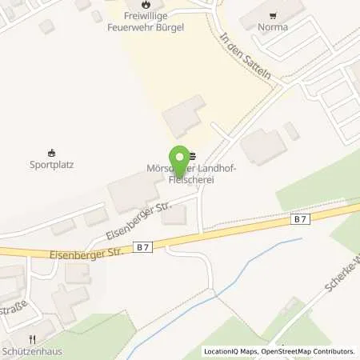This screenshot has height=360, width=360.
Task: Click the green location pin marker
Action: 180,161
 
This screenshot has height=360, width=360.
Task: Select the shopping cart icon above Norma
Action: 274,14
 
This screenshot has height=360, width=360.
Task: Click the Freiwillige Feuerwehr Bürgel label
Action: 146,20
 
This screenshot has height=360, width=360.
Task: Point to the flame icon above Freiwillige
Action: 146,4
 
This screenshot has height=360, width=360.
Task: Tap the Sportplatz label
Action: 52,166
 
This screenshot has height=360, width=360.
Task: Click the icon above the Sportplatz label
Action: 52,153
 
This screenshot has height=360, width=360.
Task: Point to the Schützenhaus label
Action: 32,351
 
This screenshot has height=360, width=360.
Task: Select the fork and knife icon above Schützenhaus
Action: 33,338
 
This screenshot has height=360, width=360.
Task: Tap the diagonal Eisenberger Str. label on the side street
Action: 138,221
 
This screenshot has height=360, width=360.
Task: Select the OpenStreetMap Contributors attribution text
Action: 314,351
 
